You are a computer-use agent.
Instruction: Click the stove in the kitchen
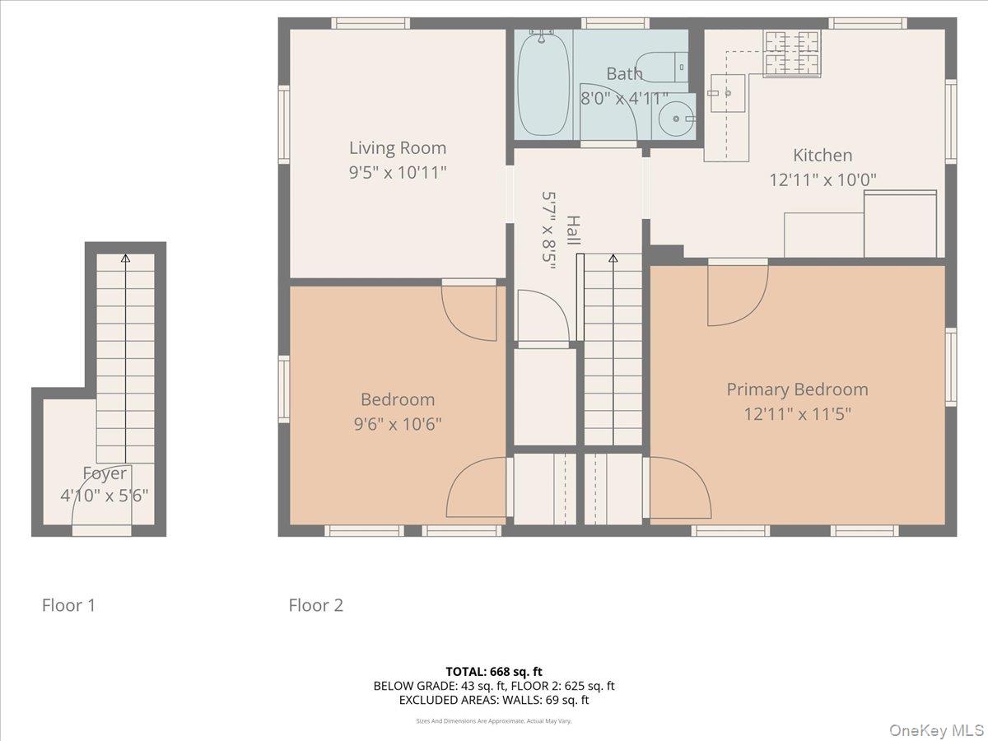(792, 53)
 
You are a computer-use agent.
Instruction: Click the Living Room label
(398, 148)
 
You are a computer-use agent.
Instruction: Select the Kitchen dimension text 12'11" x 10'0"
(823, 179)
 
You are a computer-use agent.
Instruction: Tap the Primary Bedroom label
(797, 389)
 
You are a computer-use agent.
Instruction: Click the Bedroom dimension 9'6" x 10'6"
(398, 424)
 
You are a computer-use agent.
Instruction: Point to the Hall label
(573, 231)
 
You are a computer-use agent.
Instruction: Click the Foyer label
(105, 473)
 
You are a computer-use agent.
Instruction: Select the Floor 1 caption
(69, 605)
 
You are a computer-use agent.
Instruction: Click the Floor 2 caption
(315, 605)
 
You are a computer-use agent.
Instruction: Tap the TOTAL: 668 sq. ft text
(494, 671)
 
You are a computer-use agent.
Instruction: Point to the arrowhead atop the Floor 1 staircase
(125, 259)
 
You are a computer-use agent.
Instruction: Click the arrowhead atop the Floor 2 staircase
(613, 259)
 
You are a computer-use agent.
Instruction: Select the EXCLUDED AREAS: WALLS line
(494, 700)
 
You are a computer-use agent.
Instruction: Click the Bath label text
(624, 74)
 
